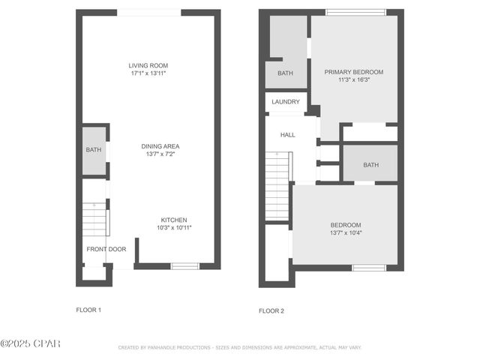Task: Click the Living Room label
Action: (x=147, y=66)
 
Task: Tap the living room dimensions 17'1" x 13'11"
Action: (x=147, y=73)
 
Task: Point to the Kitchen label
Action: (x=174, y=220)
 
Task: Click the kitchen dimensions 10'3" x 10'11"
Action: (x=174, y=228)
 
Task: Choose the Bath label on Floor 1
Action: (x=93, y=150)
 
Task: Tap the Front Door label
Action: (x=106, y=249)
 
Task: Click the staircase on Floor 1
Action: (x=95, y=220)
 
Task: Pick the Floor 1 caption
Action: (x=88, y=310)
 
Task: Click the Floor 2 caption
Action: (x=271, y=310)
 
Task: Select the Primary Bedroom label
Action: (x=353, y=72)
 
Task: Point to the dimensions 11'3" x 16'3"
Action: (x=353, y=80)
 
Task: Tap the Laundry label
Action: (x=286, y=102)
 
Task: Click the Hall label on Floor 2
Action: (x=288, y=135)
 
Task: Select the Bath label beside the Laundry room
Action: (x=285, y=73)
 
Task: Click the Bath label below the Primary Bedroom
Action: (x=370, y=165)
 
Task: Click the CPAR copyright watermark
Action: (x=30, y=343)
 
